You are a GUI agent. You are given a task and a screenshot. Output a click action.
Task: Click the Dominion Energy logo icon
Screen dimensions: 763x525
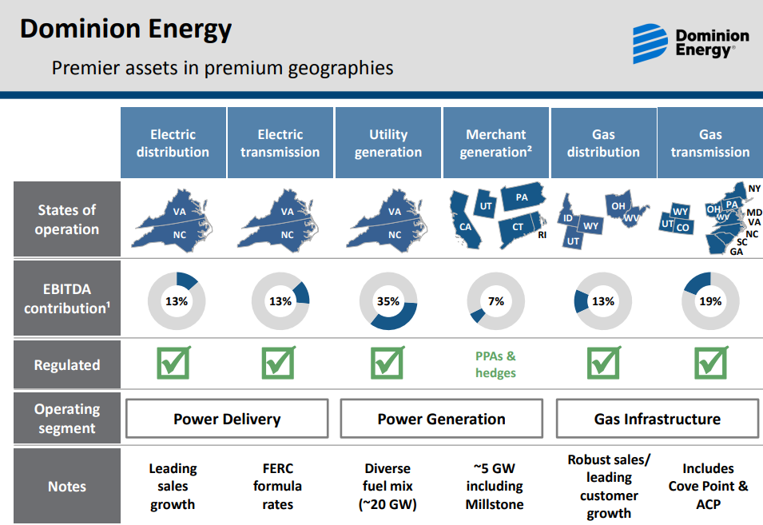650,43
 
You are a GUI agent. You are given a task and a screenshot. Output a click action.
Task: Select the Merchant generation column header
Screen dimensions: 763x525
496,142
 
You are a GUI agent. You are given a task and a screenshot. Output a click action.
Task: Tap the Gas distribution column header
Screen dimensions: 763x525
603,142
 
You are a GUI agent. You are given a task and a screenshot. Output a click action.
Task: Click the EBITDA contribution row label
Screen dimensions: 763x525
67,298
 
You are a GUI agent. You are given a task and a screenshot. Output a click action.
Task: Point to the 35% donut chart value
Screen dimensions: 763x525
388,301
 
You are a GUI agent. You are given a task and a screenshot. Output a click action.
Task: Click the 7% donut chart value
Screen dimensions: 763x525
496,301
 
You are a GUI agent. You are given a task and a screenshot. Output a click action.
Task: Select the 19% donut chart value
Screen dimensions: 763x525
710,301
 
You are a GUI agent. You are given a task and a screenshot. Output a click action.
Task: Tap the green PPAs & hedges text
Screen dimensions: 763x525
496,364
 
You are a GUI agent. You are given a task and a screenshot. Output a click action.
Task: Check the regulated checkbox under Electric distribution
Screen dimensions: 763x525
173,363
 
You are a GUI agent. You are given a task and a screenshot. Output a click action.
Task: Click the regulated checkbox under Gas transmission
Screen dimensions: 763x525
711,363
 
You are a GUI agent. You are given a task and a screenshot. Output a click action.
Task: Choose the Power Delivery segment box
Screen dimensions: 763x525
227,419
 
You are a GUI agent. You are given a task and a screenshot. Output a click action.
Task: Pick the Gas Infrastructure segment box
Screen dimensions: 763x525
658,419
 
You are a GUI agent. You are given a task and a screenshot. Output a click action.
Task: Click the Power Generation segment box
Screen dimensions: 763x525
441,419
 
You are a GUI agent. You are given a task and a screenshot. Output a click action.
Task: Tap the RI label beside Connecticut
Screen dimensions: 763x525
542,235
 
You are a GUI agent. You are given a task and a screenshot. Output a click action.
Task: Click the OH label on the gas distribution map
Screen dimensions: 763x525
618,206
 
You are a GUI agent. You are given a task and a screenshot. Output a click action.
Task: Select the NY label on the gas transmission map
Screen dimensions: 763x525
754,189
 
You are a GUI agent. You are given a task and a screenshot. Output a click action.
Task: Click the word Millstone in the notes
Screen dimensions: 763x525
495,504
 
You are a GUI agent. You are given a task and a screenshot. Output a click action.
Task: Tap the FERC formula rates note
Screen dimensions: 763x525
277,486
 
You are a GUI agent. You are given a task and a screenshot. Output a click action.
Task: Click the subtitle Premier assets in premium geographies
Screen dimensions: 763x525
222,68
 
